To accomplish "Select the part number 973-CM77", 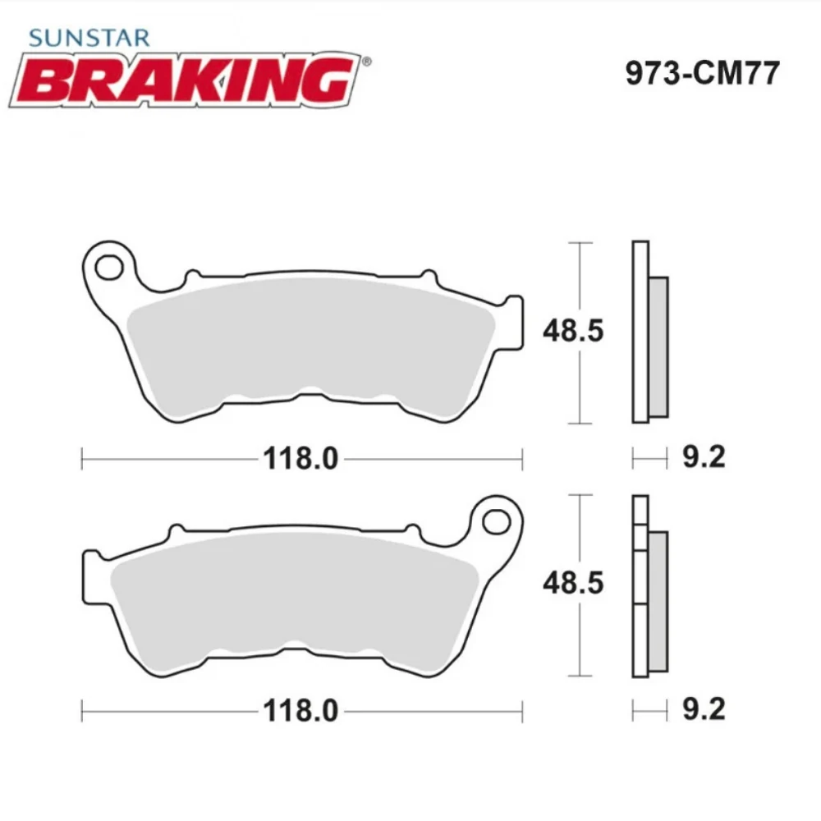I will point(702,74).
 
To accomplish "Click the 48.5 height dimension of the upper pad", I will point(572,331).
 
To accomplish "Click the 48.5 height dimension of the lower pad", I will point(572,583).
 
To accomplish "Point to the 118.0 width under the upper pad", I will point(300,459).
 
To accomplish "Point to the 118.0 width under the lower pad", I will point(300,711).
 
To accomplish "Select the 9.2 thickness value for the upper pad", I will point(704,456).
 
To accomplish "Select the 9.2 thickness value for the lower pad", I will point(704,709).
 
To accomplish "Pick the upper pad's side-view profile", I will point(641,333).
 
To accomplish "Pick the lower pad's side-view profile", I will point(641,587).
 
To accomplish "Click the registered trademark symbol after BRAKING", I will point(366,61).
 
